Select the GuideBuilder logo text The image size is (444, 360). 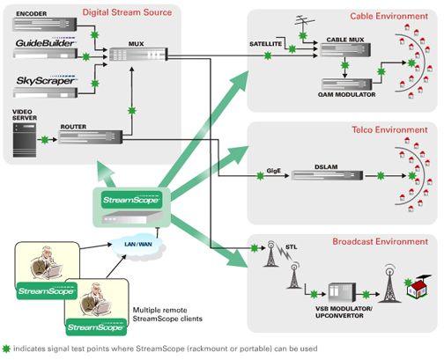[45, 41]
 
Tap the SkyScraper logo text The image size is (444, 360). [43, 81]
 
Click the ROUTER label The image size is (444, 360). [73, 127]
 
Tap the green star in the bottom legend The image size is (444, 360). [7, 350]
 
